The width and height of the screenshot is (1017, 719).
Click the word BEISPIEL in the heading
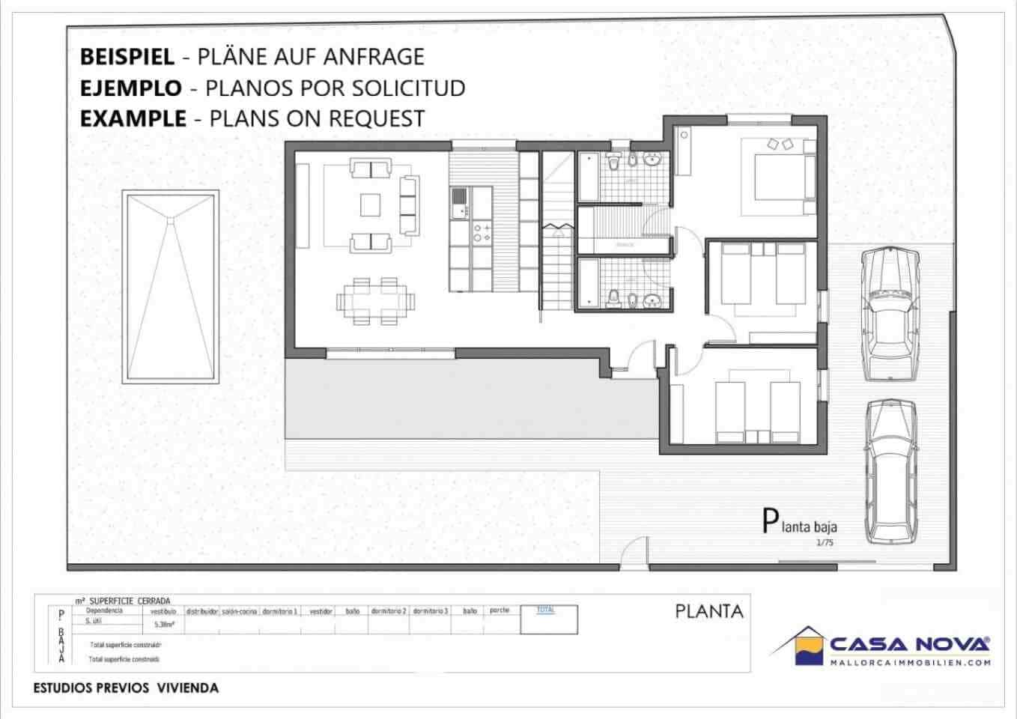coord(127,57)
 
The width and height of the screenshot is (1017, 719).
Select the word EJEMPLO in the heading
coord(130,88)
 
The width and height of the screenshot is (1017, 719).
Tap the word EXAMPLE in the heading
coord(133,119)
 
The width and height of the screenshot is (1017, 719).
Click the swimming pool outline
coord(171,285)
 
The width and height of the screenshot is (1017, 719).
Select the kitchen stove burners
coord(482,232)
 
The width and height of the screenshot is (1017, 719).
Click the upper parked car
coord(889,315)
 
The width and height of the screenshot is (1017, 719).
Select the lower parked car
coord(891,470)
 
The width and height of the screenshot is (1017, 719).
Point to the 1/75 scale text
coord(825,543)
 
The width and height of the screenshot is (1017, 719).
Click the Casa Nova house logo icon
coord(798,645)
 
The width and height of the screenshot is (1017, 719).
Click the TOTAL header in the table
coord(546,610)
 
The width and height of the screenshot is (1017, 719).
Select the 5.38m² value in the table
coord(164,624)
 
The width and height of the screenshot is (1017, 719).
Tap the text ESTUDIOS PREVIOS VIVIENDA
coord(126,688)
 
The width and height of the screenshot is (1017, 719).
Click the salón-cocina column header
coord(240,611)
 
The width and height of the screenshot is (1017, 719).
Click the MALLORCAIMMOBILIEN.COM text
coord(910,662)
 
